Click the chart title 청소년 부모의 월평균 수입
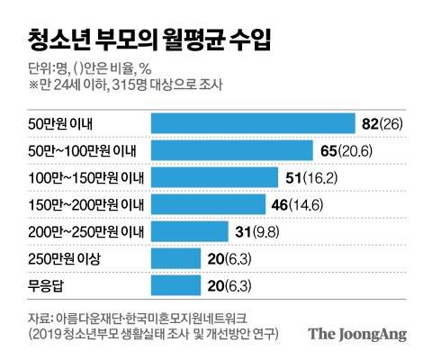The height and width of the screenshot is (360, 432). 145,40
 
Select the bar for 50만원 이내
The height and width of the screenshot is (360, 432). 253,122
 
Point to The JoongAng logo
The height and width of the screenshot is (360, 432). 356,334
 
